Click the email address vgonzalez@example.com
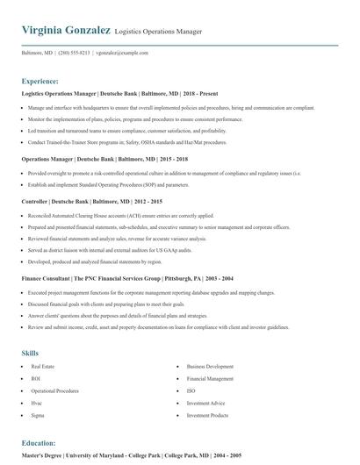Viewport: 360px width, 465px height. pos(122,53)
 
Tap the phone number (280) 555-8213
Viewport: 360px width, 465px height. pos(74,53)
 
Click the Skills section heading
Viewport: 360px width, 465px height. pos(30,353)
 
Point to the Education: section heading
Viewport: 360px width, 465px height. pos(39,443)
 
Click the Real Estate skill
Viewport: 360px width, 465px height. pos(43,366)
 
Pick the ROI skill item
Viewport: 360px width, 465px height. pos(36,378)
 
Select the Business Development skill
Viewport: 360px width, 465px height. pos(210,366)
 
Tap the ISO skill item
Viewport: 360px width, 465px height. pos(191,390)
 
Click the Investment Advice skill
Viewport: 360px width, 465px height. pos(206,403)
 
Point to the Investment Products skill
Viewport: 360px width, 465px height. pos(208,415)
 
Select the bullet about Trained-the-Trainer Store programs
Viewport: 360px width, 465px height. pos(127,141)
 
